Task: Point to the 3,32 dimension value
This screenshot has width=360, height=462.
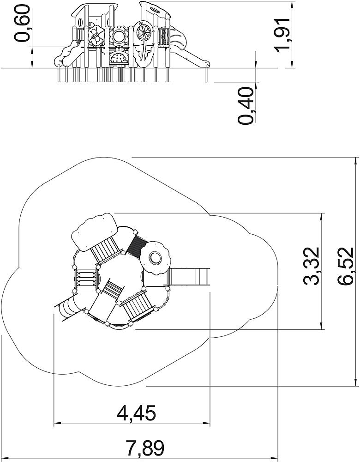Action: click(312, 266)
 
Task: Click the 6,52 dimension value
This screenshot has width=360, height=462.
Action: click(345, 266)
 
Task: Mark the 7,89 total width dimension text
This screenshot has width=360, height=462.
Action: click(145, 448)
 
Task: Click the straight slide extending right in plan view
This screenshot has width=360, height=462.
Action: click(189, 277)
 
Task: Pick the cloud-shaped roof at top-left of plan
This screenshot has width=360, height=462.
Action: click(95, 232)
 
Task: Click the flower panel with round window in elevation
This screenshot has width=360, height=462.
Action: click(120, 36)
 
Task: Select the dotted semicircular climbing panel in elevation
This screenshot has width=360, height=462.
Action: click(118, 58)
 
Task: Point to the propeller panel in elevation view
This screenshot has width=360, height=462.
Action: click(96, 36)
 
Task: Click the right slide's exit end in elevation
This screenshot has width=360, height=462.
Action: click(205, 63)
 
